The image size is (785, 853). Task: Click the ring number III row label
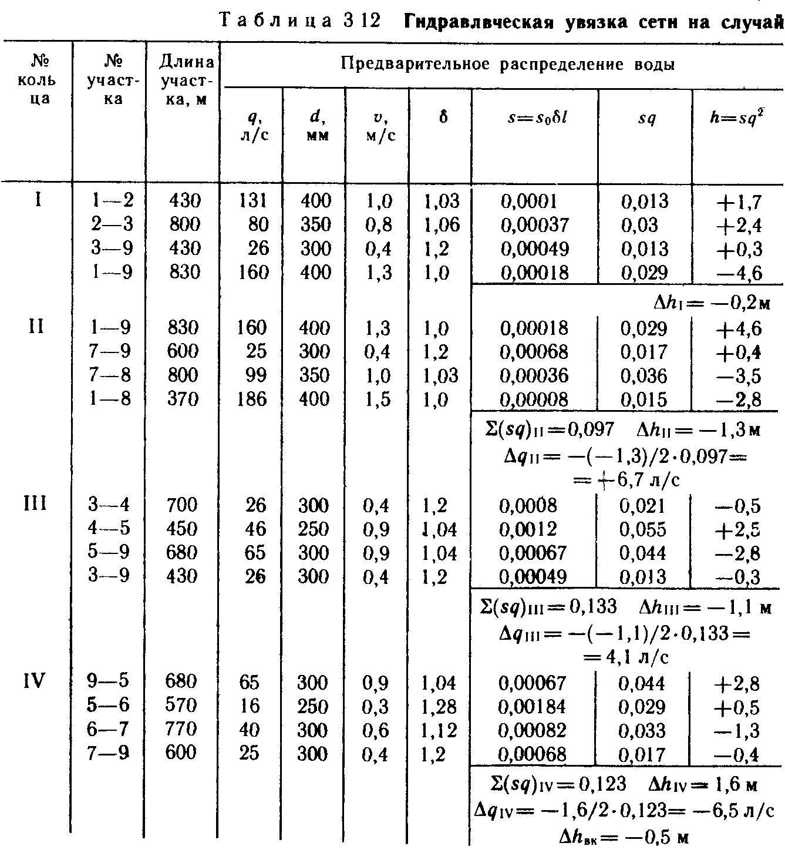(x=36, y=504)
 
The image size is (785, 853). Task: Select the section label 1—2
(x=112, y=201)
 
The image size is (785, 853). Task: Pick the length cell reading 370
(x=184, y=399)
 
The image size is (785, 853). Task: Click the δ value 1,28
(x=439, y=707)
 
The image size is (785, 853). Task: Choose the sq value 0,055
(x=643, y=529)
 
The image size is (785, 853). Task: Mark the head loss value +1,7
(x=738, y=202)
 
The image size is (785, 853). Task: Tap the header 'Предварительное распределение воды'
(x=507, y=64)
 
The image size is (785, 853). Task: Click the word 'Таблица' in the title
(x=276, y=22)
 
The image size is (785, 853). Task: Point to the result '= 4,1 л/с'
(x=626, y=657)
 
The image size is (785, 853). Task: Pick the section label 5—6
(x=109, y=706)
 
